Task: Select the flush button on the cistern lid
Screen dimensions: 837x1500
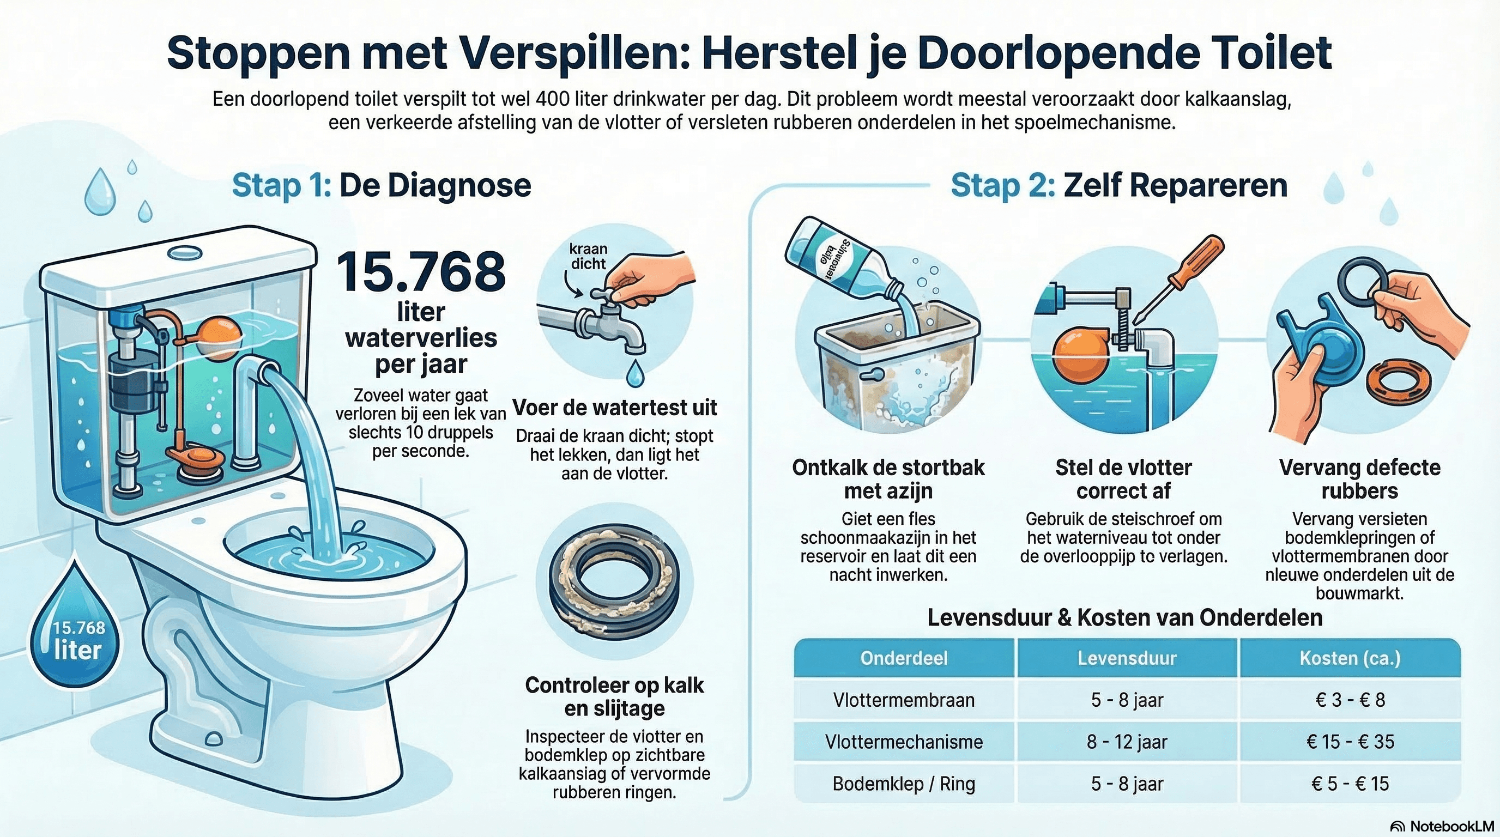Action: pyautogui.click(x=184, y=253)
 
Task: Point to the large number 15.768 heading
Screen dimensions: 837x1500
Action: pyautogui.click(x=420, y=272)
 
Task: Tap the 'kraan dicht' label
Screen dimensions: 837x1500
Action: pyautogui.click(x=588, y=256)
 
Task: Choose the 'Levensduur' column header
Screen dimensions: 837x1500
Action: pyautogui.click(x=1127, y=658)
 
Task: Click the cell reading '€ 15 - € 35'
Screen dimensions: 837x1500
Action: pyautogui.click(x=1350, y=742)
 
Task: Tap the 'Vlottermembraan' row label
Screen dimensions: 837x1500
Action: pyautogui.click(x=904, y=700)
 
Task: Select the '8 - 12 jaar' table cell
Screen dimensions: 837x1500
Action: pyautogui.click(x=1127, y=742)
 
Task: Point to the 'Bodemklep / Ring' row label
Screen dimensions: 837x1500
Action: pyautogui.click(x=904, y=784)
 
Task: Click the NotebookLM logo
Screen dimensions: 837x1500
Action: pyautogui.click(x=1443, y=826)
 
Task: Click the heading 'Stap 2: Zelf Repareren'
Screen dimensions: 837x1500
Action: pyautogui.click(x=1118, y=186)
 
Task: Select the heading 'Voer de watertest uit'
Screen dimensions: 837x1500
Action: pyautogui.click(x=615, y=408)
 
